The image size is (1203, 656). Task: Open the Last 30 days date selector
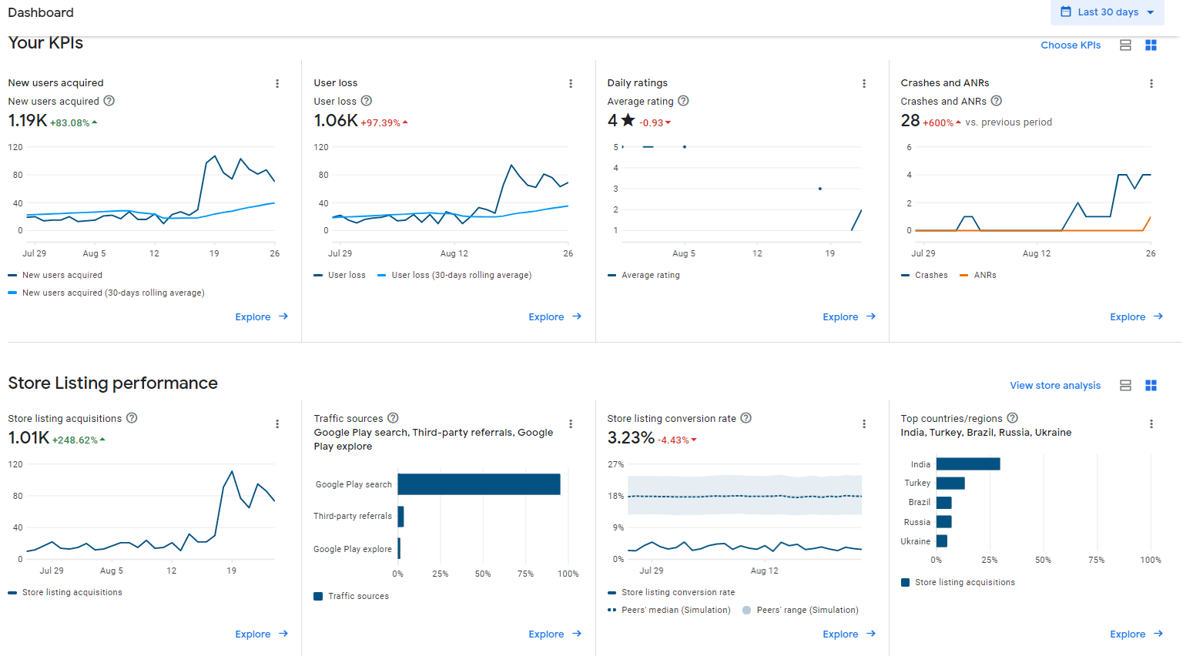[x=1107, y=12]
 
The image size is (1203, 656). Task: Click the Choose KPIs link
[x=1071, y=45]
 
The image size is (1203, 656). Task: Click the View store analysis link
[x=1055, y=386]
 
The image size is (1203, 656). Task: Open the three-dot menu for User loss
[x=571, y=83]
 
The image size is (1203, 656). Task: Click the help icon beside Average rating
[x=683, y=101]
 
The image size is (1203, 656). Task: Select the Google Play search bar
[x=479, y=484]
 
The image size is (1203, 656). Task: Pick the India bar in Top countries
[x=968, y=464]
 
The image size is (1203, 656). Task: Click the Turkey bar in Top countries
[x=950, y=483]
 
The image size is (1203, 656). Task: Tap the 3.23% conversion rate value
[x=631, y=437]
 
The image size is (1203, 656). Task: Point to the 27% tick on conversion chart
[x=615, y=464]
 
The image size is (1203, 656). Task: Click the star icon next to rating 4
[x=628, y=120]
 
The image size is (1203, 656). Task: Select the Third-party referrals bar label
[x=352, y=516]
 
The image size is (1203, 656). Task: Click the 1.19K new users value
[x=28, y=120]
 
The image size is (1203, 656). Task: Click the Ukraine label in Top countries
[x=915, y=541]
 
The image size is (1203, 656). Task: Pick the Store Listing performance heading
[x=112, y=383]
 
